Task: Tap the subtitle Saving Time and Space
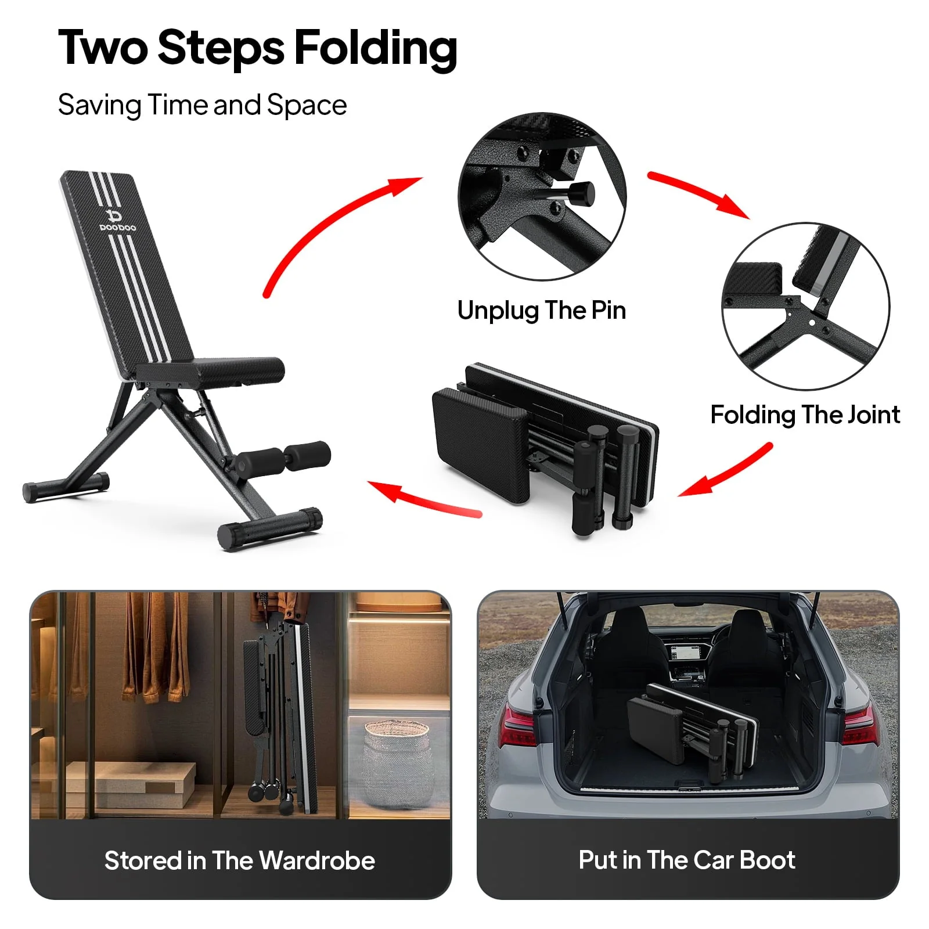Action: tap(202, 106)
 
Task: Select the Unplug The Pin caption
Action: tap(541, 311)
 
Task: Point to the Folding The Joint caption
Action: tap(805, 415)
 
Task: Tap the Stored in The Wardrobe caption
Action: tap(240, 860)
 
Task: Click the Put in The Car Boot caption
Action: tap(687, 860)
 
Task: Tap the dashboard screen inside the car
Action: tap(687, 652)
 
